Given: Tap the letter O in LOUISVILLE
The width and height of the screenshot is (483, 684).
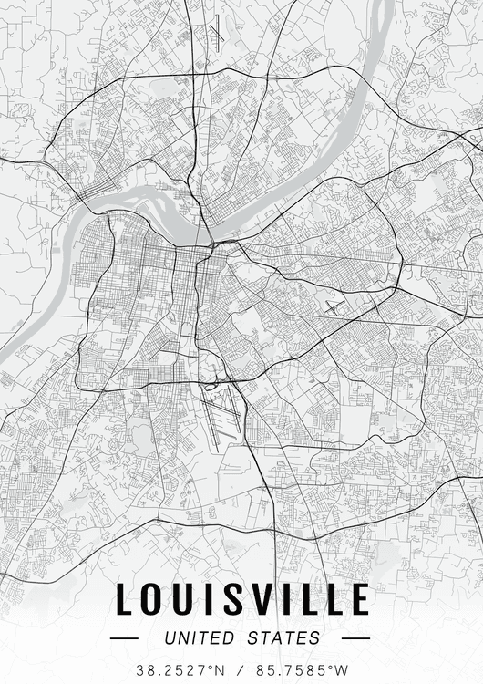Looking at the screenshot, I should pos(155,599).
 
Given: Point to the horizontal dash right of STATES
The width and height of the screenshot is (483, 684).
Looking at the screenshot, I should pos(355,638).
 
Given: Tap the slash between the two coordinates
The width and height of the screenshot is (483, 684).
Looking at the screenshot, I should pos(241,669).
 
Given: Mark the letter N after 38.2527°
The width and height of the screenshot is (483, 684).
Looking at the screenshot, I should pos(220,669).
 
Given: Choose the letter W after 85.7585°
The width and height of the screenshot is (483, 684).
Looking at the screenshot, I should pos(342,669).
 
